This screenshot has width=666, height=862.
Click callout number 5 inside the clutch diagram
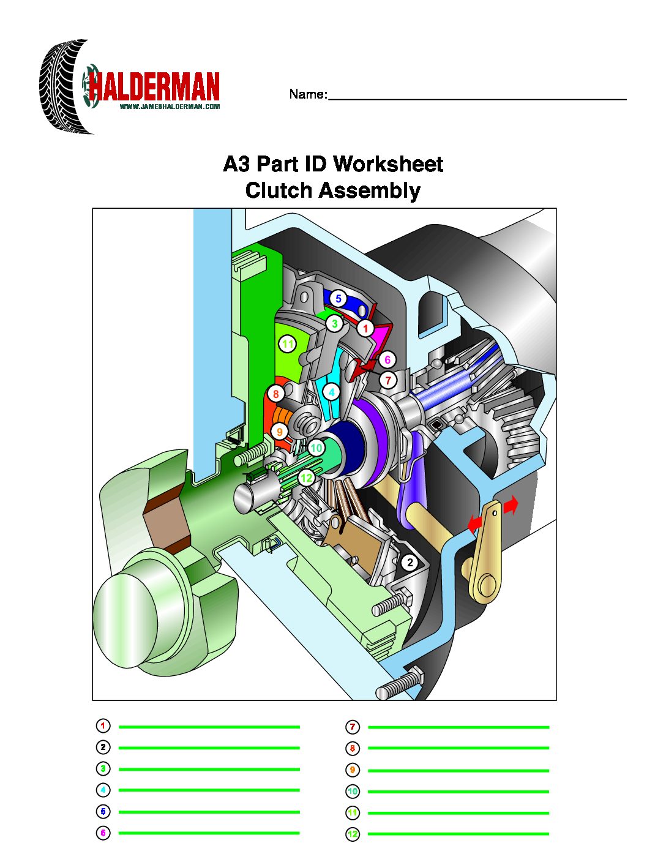pyautogui.click(x=339, y=298)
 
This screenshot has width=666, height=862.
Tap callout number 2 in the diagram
pyautogui.click(x=410, y=562)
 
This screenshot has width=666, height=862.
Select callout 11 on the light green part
pyautogui.click(x=288, y=344)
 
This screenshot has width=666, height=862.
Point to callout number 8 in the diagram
pyautogui.click(x=275, y=394)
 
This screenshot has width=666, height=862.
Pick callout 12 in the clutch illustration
pyautogui.click(x=307, y=478)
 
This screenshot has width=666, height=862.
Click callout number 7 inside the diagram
pyautogui.click(x=388, y=380)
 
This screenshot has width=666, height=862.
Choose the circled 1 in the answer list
pyautogui.click(x=103, y=726)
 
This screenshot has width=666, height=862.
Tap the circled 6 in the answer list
pyautogui.click(x=103, y=833)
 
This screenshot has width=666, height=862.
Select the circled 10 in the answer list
pyautogui.click(x=352, y=791)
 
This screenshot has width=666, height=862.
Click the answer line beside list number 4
pyautogui.click(x=209, y=790)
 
